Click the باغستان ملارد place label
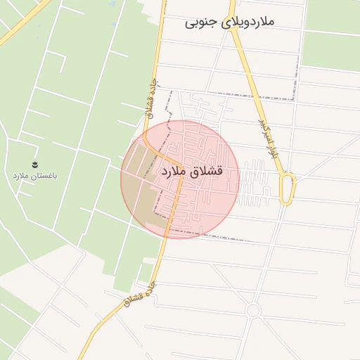(34, 174)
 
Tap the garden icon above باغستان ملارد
(34, 164)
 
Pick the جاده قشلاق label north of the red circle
(148, 96)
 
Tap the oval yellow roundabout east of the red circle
(288, 188)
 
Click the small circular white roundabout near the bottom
(253, 310)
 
